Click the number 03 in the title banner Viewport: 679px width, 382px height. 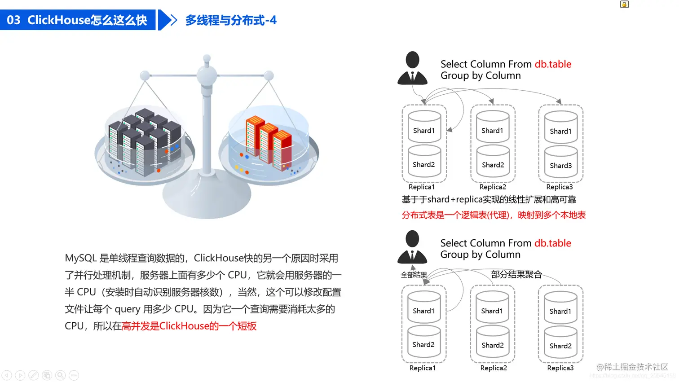point(13,20)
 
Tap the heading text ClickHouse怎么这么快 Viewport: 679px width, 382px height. point(87,20)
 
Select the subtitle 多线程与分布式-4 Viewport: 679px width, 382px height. point(231,20)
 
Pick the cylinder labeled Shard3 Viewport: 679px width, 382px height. point(561,162)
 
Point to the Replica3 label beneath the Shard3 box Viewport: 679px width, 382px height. point(560,187)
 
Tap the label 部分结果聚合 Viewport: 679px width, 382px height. point(516,274)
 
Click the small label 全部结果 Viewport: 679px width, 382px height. point(414,275)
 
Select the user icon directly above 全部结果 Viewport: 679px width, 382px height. point(412,247)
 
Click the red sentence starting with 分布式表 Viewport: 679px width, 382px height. point(494,215)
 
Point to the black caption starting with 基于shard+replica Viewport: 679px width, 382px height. point(489,199)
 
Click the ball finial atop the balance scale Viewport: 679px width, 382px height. point(207,58)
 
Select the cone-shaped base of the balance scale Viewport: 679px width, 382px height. point(207,198)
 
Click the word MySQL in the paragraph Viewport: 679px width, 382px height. point(81,258)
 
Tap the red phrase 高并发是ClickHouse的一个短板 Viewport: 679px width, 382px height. point(189,326)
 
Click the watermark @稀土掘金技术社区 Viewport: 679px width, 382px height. point(632,367)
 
